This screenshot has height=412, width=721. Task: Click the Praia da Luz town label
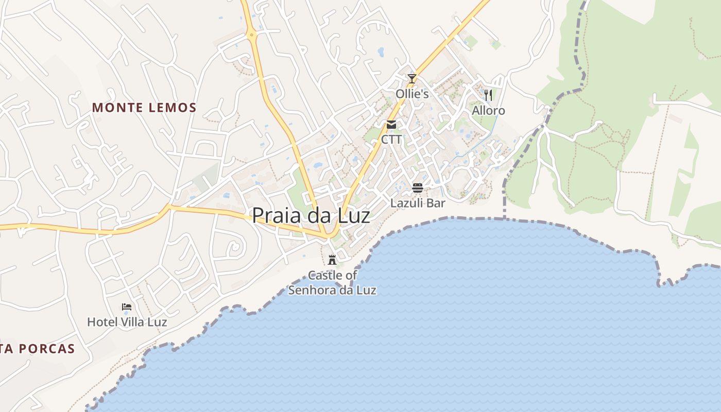(x=311, y=215)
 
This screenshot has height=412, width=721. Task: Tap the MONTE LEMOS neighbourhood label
(x=144, y=108)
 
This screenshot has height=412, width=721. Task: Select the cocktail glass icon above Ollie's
(x=411, y=79)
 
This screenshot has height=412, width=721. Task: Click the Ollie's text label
(x=412, y=94)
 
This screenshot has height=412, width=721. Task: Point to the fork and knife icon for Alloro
(x=488, y=95)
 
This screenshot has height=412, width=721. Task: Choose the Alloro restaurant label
(x=488, y=111)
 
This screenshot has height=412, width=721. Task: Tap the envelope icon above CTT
(x=391, y=125)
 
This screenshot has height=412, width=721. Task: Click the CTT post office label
(x=391, y=140)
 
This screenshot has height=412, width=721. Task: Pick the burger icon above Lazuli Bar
(x=418, y=187)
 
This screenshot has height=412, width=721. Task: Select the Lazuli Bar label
(x=418, y=203)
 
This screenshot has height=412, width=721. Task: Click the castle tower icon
(x=332, y=259)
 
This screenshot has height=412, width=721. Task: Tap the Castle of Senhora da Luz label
(x=332, y=283)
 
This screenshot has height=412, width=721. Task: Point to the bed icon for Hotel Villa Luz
(x=127, y=307)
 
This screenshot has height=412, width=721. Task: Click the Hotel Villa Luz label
(x=127, y=322)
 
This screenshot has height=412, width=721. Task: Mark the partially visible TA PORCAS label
(x=38, y=349)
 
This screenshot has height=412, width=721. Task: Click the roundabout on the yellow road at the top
(x=252, y=35)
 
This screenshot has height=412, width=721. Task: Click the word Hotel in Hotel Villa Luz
(x=101, y=322)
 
